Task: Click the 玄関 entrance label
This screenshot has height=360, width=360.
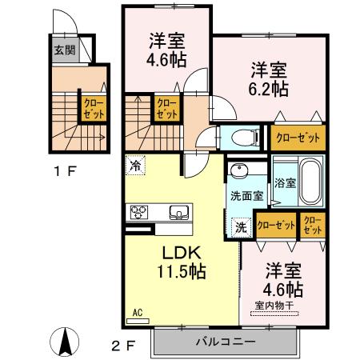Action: tap(64, 50)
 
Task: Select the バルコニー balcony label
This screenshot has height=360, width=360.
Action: tap(225, 342)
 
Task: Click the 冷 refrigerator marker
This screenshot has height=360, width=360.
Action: tap(135, 167)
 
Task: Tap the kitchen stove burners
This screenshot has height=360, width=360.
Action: tap(139, 212)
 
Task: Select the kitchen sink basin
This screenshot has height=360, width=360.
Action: tap(178, 212)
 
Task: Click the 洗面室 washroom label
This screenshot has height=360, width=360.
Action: tap(246, 196)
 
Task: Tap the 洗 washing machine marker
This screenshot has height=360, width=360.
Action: tap(241, 226)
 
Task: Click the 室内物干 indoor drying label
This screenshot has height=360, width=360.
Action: tap(276, 305)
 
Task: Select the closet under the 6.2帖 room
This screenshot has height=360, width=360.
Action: tap(298, 138)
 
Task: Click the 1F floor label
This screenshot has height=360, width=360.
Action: tap(64, 170)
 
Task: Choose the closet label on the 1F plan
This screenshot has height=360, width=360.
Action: tap(93, 109)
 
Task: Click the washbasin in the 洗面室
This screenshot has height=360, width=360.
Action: tap(238, 173)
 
